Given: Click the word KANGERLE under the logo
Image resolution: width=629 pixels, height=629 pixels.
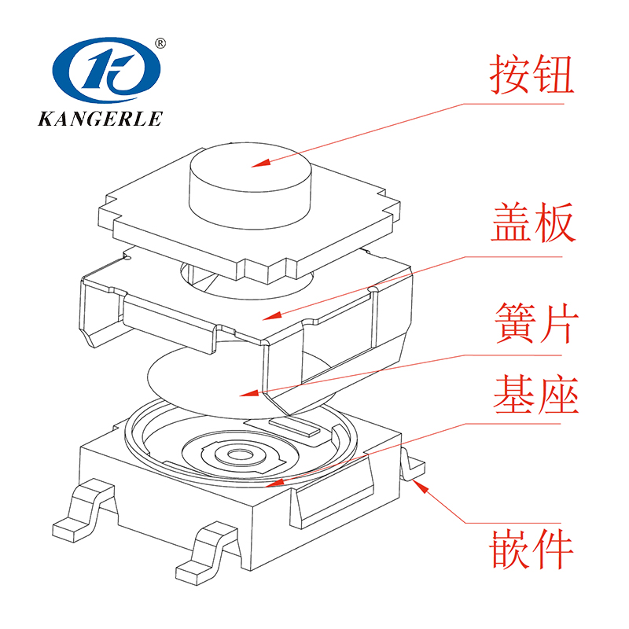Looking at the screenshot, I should (x=100, y=119).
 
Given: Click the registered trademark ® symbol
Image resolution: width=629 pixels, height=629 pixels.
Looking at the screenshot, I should (x=160, y=43).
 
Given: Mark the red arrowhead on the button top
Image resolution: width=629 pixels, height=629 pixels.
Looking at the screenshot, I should (x=261, y=163).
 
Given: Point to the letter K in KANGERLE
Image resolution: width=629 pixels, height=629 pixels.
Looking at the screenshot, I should (x=45, y=119).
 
